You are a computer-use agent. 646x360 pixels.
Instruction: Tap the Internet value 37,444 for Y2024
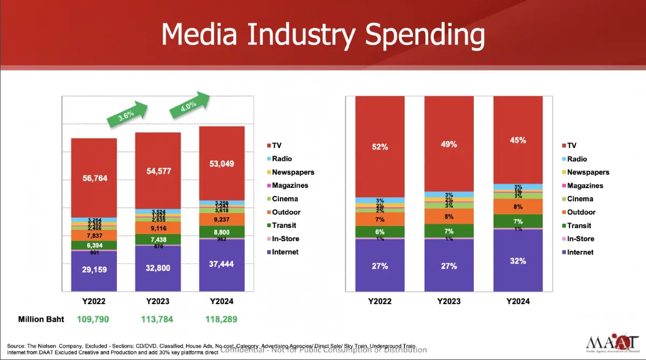[x=222, y=264]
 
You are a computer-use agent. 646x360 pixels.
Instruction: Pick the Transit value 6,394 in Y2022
[x=94, y=245]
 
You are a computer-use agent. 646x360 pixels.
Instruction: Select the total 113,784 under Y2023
[x=157, y=319]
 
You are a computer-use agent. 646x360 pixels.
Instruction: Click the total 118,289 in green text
[x=221, y=319]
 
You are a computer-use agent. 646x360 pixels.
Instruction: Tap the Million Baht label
[x=41, y=319]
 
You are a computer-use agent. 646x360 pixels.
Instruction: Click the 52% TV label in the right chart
[x=380, y=146]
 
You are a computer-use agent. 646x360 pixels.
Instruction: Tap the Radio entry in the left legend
[x=281, y=159]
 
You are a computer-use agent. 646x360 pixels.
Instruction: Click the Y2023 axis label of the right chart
[x=448, y=301]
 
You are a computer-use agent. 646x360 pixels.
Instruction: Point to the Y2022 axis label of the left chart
[x=94, y=301]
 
